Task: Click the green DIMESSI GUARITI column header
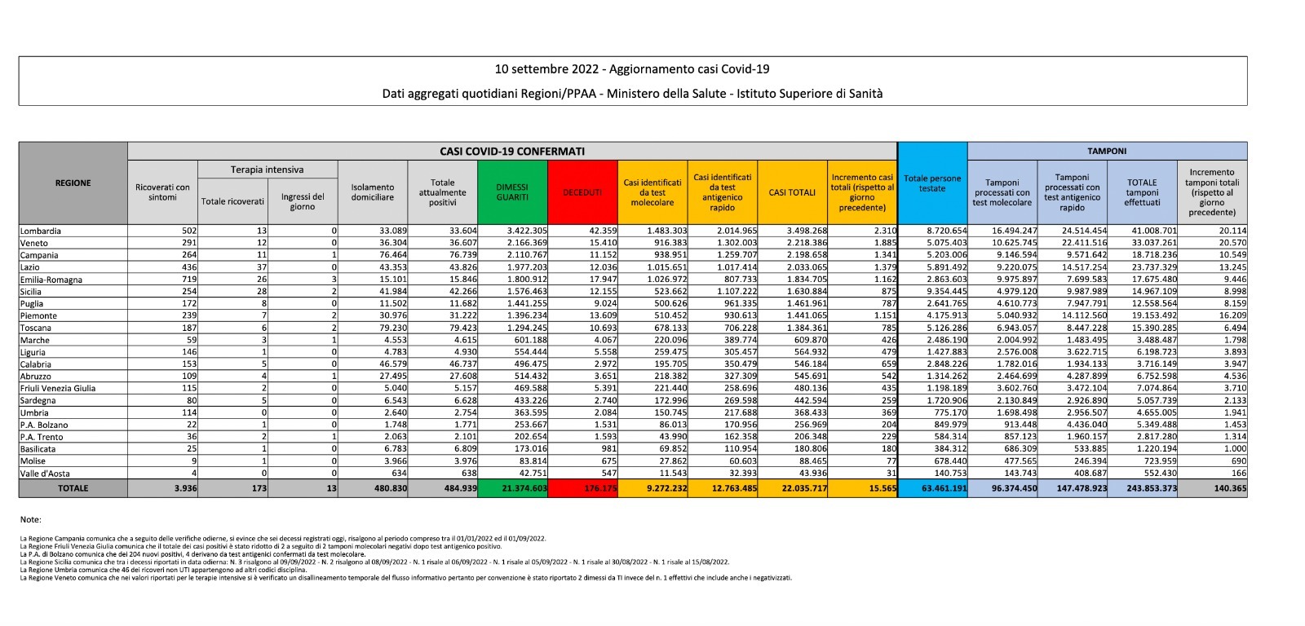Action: tap(512, 192)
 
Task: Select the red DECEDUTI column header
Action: tap(582, 192)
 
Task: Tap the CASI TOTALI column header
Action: tap(792, 192)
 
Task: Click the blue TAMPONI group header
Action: tap(1107, 151)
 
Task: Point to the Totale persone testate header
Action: tap(932, 183)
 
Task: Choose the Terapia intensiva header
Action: tap(267, 170)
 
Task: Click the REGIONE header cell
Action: tap(73, 183)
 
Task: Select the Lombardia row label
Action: tap(41, 231)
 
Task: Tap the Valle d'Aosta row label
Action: tap(45, 473)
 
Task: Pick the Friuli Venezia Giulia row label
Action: tap(58, 388)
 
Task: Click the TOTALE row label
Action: tap(73, 488)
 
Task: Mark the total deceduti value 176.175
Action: tap(600, 488)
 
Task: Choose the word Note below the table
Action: tap(31, 519)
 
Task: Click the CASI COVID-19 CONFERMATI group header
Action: tap(512, 151)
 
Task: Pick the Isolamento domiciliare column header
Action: tap(373, 192)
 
